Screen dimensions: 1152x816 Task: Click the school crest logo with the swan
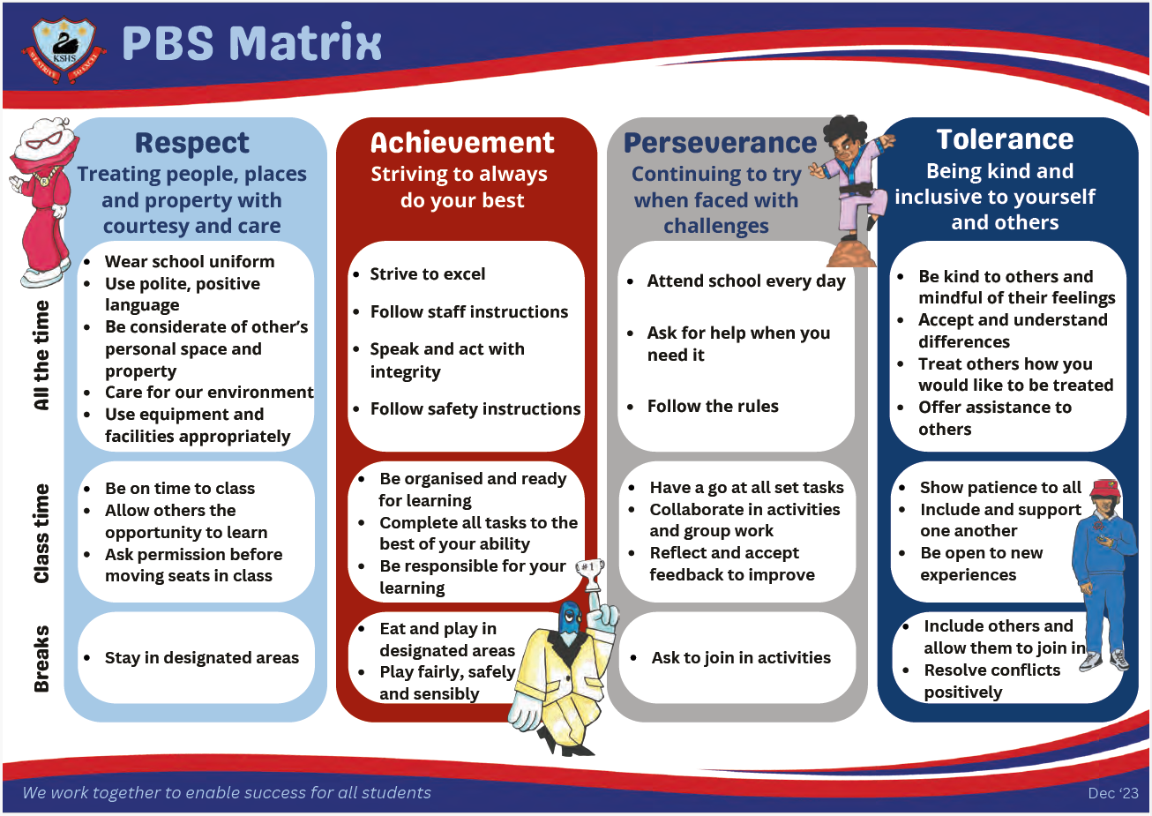[64, 49]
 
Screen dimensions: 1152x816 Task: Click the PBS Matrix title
[251, 43]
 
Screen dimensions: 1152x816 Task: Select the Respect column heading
[191, 143]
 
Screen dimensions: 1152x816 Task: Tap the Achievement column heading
[462, 142]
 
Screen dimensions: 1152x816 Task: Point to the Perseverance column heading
[720, 143]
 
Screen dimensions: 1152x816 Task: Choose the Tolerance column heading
[1005, 139]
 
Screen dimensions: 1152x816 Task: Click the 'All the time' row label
[41, 356]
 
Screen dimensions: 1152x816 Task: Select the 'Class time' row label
[41, 533]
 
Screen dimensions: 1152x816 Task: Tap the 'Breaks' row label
[41, 659]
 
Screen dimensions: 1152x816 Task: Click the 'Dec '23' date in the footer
[1113, 793]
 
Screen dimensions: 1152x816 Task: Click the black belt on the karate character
[858, 191]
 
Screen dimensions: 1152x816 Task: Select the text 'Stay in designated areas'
[202, 657]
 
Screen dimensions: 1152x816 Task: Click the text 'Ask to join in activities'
[741, 657]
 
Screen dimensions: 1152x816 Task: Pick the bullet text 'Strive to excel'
[428, 274]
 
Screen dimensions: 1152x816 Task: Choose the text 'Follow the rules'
[713, 406]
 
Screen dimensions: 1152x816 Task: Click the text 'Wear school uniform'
[190, 261]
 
